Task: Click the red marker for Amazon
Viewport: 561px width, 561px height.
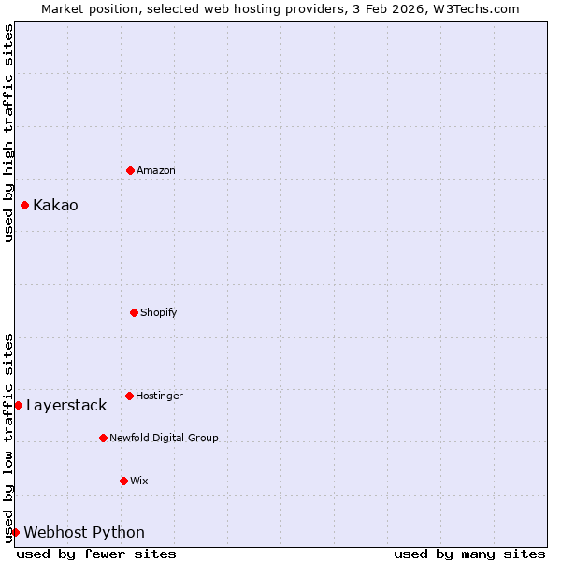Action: click(x=130, y=170)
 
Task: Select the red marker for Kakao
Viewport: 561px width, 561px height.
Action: click(x=25, y=205)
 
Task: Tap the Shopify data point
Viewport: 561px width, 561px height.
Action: click(x=134, y=312)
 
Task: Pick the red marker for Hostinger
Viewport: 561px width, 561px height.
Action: click(x=129, y=396)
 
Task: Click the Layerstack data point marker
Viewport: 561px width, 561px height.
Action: click(x=18, y=405)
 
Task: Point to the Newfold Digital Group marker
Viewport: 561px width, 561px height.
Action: click(x=103, y=438)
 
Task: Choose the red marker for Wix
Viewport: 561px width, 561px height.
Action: click(x=123, y=481)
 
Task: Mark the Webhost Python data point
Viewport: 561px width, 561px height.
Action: click(x=15, y=532)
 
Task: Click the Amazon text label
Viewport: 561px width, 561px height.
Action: click(x=156, y=170)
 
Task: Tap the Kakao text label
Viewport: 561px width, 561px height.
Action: click(x=55, y=205)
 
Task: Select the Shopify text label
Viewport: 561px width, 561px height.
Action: click(x=159, y=312)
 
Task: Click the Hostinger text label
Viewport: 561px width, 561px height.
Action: click(x=159, y=396)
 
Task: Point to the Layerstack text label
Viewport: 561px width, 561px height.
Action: click(x=66, y=405)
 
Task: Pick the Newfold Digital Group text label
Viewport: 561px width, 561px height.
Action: click(x=164, y=438)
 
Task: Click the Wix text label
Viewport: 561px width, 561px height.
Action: click(x=139, y=481)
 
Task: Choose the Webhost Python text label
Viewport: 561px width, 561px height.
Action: click(x=84, y=532)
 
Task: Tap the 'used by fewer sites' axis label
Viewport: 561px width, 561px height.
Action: click(x=96, y=554)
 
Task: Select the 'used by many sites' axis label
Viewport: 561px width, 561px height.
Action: click(x=469, y=554)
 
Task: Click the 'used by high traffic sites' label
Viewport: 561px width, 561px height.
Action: click(x=8, y=134)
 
